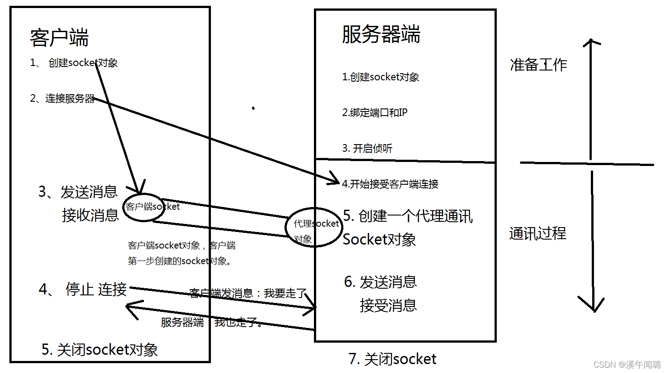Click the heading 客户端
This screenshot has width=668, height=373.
click(x=59, y=37)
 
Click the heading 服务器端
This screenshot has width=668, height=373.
click(x=381, y=34)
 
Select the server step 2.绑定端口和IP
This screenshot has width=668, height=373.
click(x=375, y=112)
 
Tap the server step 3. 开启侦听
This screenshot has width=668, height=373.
click(x=367, y=148)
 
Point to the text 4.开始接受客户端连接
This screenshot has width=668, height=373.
click(x=390, y=184)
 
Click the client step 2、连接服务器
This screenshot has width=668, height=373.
click(x=62, y=99)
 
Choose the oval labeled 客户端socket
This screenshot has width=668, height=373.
click(x=144, y=207)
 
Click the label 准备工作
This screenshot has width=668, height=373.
click(x=538, y=65)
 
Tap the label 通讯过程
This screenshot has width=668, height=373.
click(x=538, y=233)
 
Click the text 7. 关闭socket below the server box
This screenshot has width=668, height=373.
click(x=392, y=359)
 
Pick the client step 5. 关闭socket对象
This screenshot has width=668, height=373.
click(x=99, y=349)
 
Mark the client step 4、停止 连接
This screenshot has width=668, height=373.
click(x=83, y=290)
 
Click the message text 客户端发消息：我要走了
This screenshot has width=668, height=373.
click(x=248, y=293)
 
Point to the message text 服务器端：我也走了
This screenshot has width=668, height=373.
click(x=212, y=322)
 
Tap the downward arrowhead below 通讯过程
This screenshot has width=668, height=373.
click(x=592, y=306)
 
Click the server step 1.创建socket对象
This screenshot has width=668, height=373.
click(x=380, y=77)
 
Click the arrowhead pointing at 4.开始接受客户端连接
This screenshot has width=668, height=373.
click(x=334, y=178)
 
